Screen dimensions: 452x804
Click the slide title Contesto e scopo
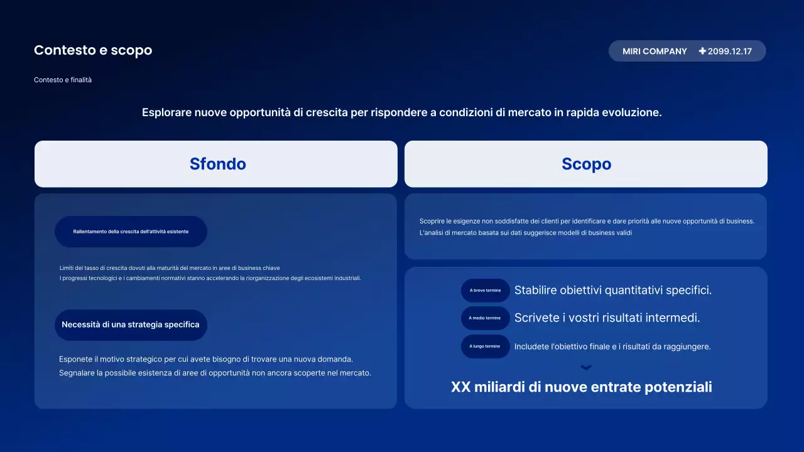coord(93,50)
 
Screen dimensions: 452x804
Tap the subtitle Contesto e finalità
coord(63,80)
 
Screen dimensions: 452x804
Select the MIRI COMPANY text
coord(655,51)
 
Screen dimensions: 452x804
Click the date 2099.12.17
coord(729,51)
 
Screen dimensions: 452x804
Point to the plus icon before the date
coord(702,51)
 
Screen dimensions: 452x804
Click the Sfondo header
coord(217,164)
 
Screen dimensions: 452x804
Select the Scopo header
coord(586,164)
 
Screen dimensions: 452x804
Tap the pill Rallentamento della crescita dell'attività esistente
coord(131,232)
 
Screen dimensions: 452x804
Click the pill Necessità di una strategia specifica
coord(131,325)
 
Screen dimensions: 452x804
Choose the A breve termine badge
coord(485,291)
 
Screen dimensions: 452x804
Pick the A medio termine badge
coord(485,318)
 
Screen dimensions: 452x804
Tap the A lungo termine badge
coord(485,347)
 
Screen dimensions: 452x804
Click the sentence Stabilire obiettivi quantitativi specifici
coord(612,290)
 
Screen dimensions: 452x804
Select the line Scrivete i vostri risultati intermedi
coord(607,318)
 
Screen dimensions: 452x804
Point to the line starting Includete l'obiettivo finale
coord(612,347)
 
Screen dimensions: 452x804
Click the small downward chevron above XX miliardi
coord(586,368)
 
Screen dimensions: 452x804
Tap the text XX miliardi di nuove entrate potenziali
coord(581,387)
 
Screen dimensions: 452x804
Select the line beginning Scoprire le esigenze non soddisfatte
coord(586,221)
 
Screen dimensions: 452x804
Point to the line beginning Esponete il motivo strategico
coord(206,359)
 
